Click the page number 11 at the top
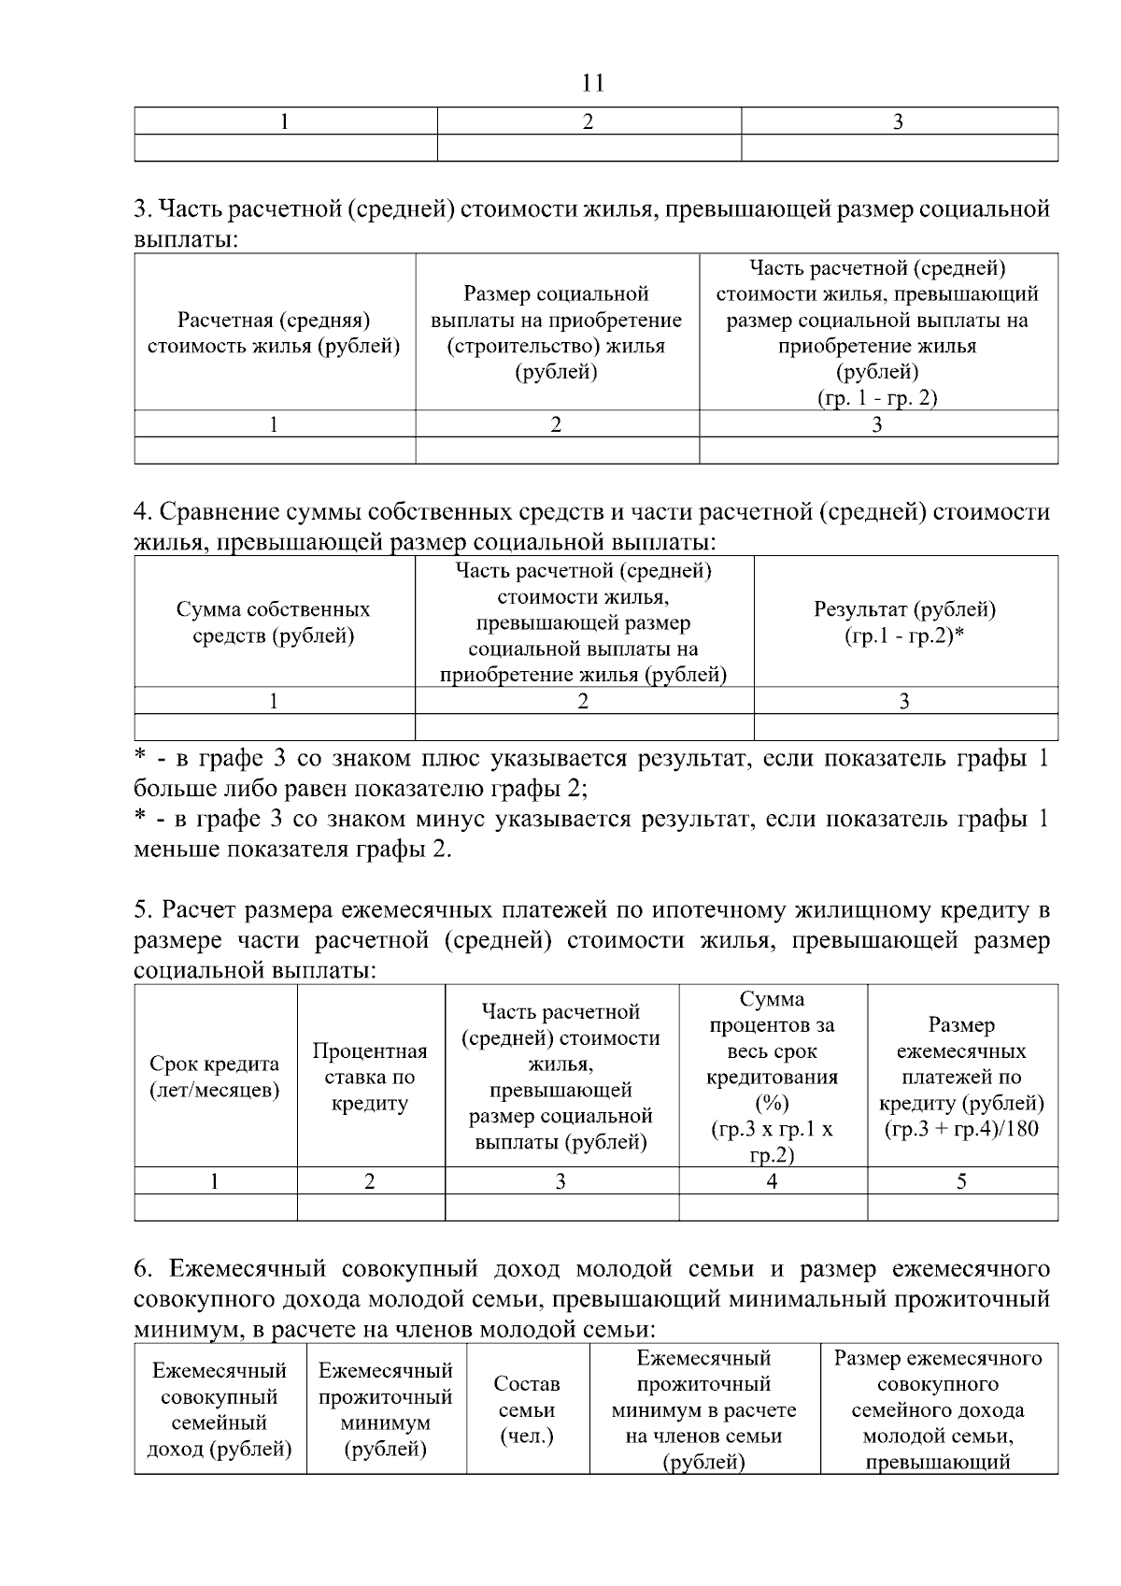592,83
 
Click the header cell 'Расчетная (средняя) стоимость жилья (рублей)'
274,334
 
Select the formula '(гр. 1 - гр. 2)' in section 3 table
877,398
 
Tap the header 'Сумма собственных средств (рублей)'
274,622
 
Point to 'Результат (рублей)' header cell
904,610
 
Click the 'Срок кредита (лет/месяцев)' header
215,1077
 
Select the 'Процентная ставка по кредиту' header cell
370,1077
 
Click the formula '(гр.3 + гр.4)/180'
961,1129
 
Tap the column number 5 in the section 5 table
961,1181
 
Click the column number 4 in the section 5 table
772,1181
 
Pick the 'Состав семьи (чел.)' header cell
527,1409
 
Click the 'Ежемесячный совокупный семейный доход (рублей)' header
220,1409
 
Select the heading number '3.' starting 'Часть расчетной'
142,208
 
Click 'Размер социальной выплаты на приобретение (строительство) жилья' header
557,334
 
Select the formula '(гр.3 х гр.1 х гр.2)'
772,1142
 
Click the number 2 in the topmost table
589,121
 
